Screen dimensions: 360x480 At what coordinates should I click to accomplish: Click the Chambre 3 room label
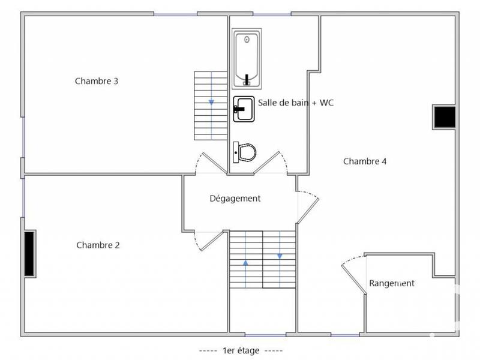point(96,81)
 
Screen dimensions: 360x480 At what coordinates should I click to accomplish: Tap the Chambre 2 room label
point(98,245)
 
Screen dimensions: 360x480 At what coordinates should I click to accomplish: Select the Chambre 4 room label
point(365,161)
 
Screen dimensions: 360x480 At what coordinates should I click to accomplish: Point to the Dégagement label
point(235,199)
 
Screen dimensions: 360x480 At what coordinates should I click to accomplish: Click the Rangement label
point(391,283)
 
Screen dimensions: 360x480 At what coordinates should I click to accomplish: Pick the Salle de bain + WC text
point(296,103)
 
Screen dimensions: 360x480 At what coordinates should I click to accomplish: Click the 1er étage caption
point(240,350)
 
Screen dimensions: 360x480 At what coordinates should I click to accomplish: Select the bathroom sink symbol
point(244,109)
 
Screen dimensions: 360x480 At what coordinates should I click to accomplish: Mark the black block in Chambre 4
point(445,117)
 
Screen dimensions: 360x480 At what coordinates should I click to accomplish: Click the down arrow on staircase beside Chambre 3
point(211,102)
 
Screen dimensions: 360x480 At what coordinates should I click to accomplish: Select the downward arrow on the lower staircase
point(280,256)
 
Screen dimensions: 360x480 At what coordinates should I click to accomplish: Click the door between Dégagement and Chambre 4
point(308,206)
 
